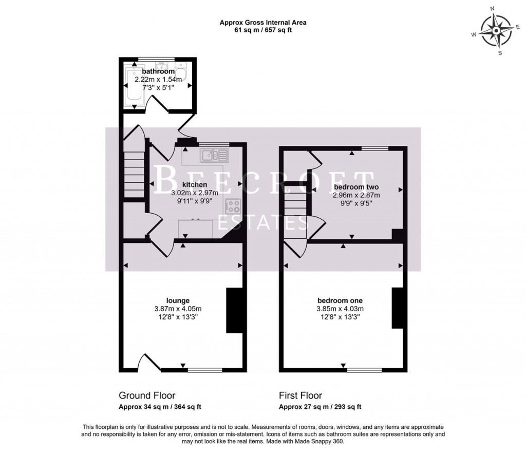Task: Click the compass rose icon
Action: point(495,31)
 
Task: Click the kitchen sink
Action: point(211,154)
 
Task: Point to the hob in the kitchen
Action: point(234,205)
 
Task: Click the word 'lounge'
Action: point(178,300)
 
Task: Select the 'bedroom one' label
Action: point(340,300)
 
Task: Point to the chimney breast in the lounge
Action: point(234,311)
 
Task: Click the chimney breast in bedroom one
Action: point(397,308)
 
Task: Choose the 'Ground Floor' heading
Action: point(147,395)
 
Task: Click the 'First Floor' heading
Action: point(300,395)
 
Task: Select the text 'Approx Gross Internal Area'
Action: point(263,22)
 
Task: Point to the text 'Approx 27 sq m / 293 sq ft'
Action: point(320,407)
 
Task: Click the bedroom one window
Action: point(364,369)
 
